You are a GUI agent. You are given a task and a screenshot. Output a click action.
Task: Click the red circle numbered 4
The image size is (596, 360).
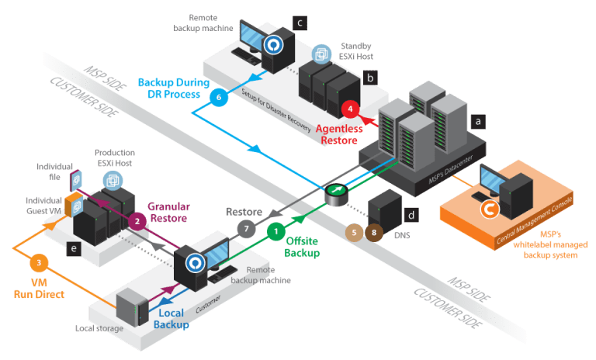pyautogui.click(x=352, y=109)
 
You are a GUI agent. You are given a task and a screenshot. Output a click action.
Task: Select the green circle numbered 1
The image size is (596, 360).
pyautogui.click(x=275, y=230)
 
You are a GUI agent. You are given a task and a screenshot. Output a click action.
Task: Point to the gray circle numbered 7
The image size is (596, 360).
pyautogui.click(x=245, y=230)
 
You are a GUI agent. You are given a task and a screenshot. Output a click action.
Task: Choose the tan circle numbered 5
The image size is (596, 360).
pyautogui.click(x=354, y=230)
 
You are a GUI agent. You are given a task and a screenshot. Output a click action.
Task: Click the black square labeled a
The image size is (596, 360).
pyautogui.click(x=479, y=121)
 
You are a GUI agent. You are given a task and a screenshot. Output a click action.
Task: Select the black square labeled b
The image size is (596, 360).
pyautogui.click(x=371, y=78)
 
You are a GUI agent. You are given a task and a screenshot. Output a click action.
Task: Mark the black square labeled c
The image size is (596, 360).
pyautogui.click(x=300, y=23)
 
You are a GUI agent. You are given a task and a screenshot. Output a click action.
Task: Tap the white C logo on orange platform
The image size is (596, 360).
pyautogui.click(x=488, y=209)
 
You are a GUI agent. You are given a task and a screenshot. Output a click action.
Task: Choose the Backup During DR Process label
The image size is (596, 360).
pyautogui.click(x=170, y=87)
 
